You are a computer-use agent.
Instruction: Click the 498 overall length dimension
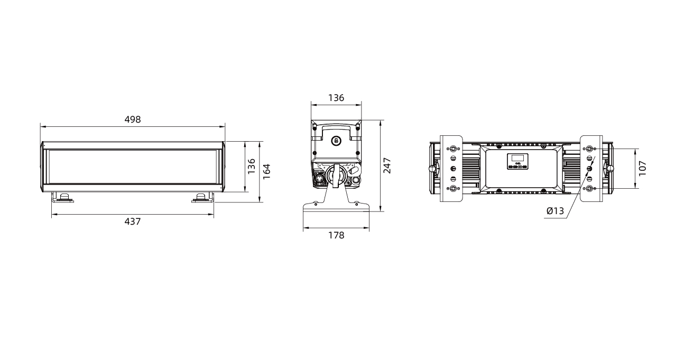tap(133, 119)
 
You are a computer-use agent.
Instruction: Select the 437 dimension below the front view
tap(133, 221)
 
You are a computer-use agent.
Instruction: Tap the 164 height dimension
tap(267, 172)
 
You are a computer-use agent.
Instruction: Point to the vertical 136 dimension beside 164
tap(251, 167)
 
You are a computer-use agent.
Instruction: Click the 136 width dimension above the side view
tap(336, 98)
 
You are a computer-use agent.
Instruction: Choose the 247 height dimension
tap(387, 165)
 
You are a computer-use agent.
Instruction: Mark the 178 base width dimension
tap(336, 235)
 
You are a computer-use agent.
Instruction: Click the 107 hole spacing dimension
tap(642, 169)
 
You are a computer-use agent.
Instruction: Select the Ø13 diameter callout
tap(555, 211)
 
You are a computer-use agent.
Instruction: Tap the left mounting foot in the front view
tap(63, 198)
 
